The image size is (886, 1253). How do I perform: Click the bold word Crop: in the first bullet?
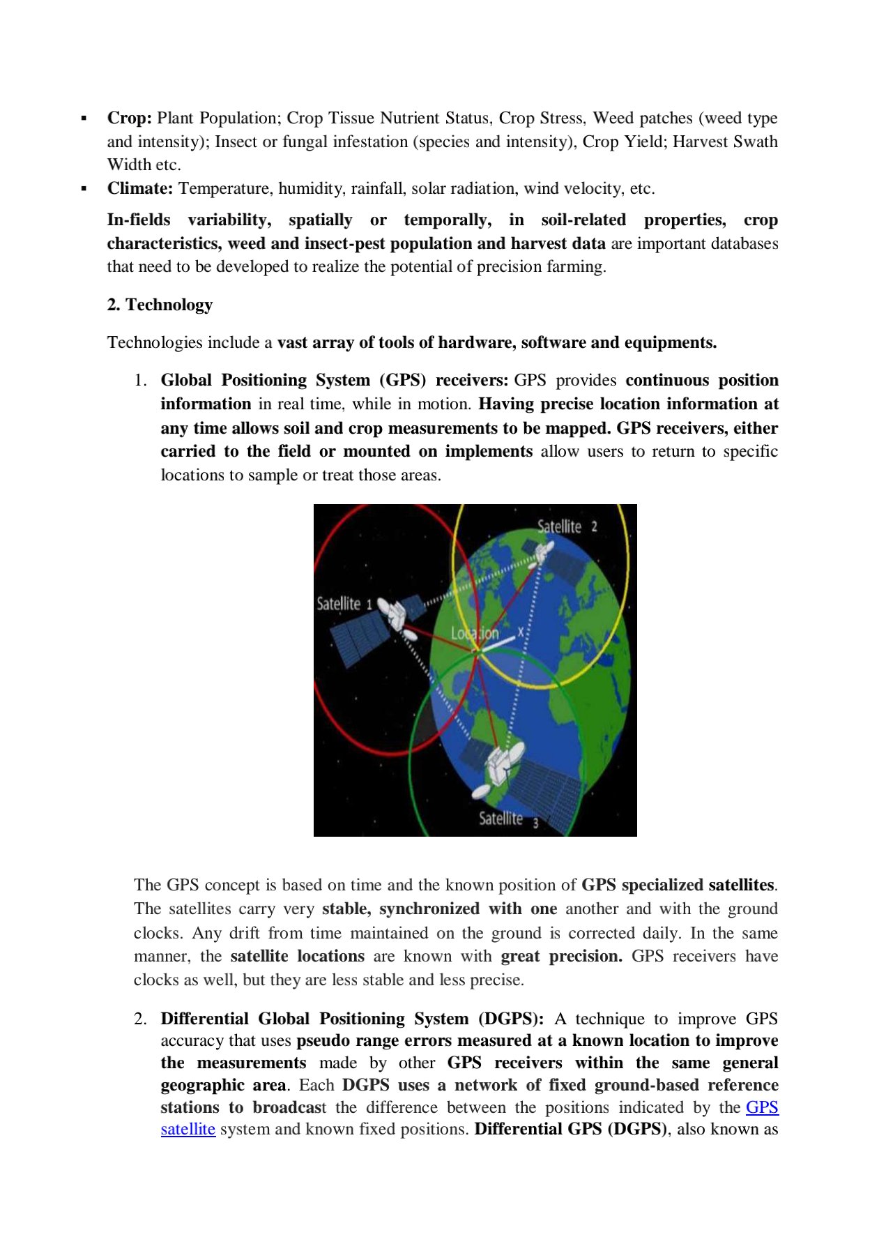coord(129,118)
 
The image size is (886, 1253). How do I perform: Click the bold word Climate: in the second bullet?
coord(139,188)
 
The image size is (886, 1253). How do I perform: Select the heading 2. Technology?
coord(160,305)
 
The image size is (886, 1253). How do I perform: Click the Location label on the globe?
coord(474,633)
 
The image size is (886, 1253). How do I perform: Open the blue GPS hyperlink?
coord(762,1107)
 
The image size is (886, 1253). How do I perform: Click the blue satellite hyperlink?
coord(188,1129)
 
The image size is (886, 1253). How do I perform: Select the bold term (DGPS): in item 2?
coord(511,1019)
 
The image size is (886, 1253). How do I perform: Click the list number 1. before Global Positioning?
coord(141,380)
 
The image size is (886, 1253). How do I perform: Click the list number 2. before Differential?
coord(141,1019)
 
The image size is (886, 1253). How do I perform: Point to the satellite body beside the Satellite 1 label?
coord(395,614)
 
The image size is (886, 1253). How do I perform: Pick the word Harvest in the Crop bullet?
coord(698,142)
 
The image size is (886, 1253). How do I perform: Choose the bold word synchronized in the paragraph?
coord(429,909)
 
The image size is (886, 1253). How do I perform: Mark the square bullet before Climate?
coord(84,188)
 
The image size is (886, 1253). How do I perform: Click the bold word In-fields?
coord(139,220)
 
